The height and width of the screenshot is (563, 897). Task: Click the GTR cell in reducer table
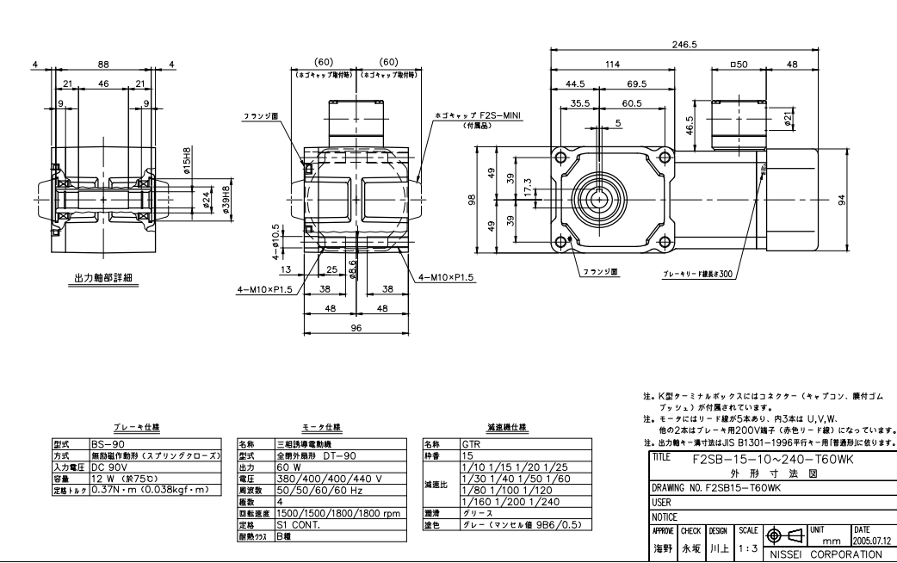(x=471, y=445)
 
